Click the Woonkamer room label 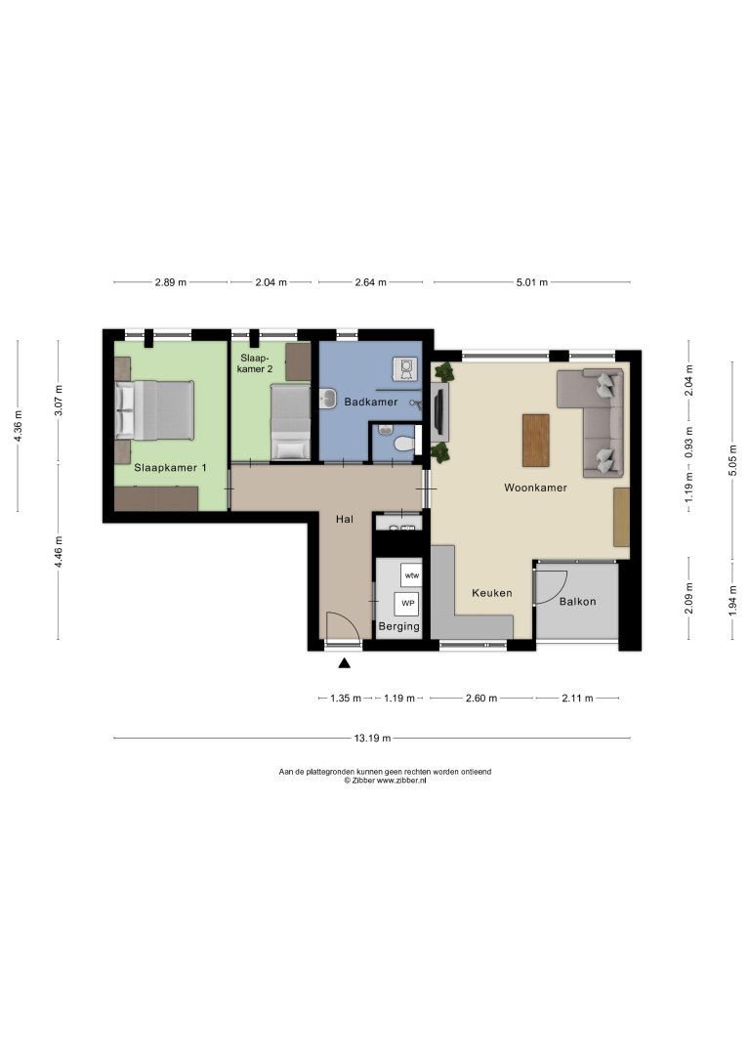pos(535,487)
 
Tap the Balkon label pos(577,601)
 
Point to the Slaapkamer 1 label pos(171,468)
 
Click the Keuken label pos(491,593)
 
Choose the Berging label pos(398,626)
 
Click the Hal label pos(344,519)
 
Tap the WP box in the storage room pos(408,602)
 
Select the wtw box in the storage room pos(411,574)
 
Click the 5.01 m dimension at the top pos(531,282)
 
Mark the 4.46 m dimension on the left pos(59,539)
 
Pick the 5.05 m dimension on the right pos(732,459)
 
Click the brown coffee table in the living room pos(536,441)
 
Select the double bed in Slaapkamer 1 pos(155,409)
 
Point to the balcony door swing pos(549,584)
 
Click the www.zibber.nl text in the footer pos(400,781)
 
